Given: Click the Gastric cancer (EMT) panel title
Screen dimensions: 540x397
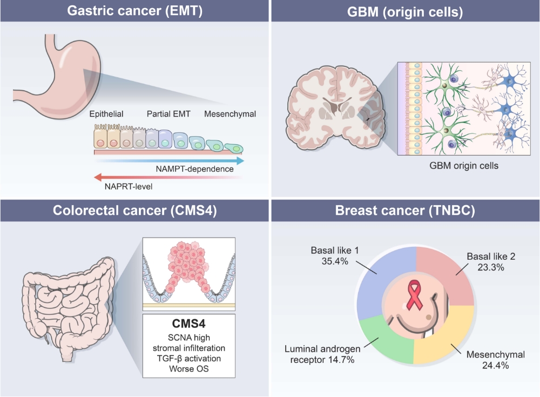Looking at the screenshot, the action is [x=134, y=11].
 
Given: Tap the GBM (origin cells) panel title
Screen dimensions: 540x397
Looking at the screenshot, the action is [x=405, y=12].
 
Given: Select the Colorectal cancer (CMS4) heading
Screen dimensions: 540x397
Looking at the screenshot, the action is [x=134, y=210].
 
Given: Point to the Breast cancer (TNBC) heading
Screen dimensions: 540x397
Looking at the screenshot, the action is [x=405, y=210].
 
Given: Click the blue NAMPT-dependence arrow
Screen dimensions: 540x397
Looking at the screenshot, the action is [x=169, y=160].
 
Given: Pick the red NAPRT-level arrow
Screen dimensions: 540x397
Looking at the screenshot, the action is [x=168, y=177].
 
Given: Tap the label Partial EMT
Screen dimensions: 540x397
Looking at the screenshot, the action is [x=168, y=114].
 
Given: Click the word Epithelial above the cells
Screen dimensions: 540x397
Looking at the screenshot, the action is [x=106, y=114].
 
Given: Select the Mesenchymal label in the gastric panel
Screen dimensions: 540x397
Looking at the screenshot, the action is [x=230, y=114].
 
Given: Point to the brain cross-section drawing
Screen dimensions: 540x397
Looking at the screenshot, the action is [x=336, y=107].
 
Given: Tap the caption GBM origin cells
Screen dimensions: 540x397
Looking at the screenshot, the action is [x=463, y=166].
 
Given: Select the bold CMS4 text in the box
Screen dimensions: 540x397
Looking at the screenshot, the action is [x=188, y=324].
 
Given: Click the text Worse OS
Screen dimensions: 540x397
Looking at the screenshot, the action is [x=188, y=369].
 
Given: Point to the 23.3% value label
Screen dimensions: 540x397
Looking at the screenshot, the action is [x=491, y=267].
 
